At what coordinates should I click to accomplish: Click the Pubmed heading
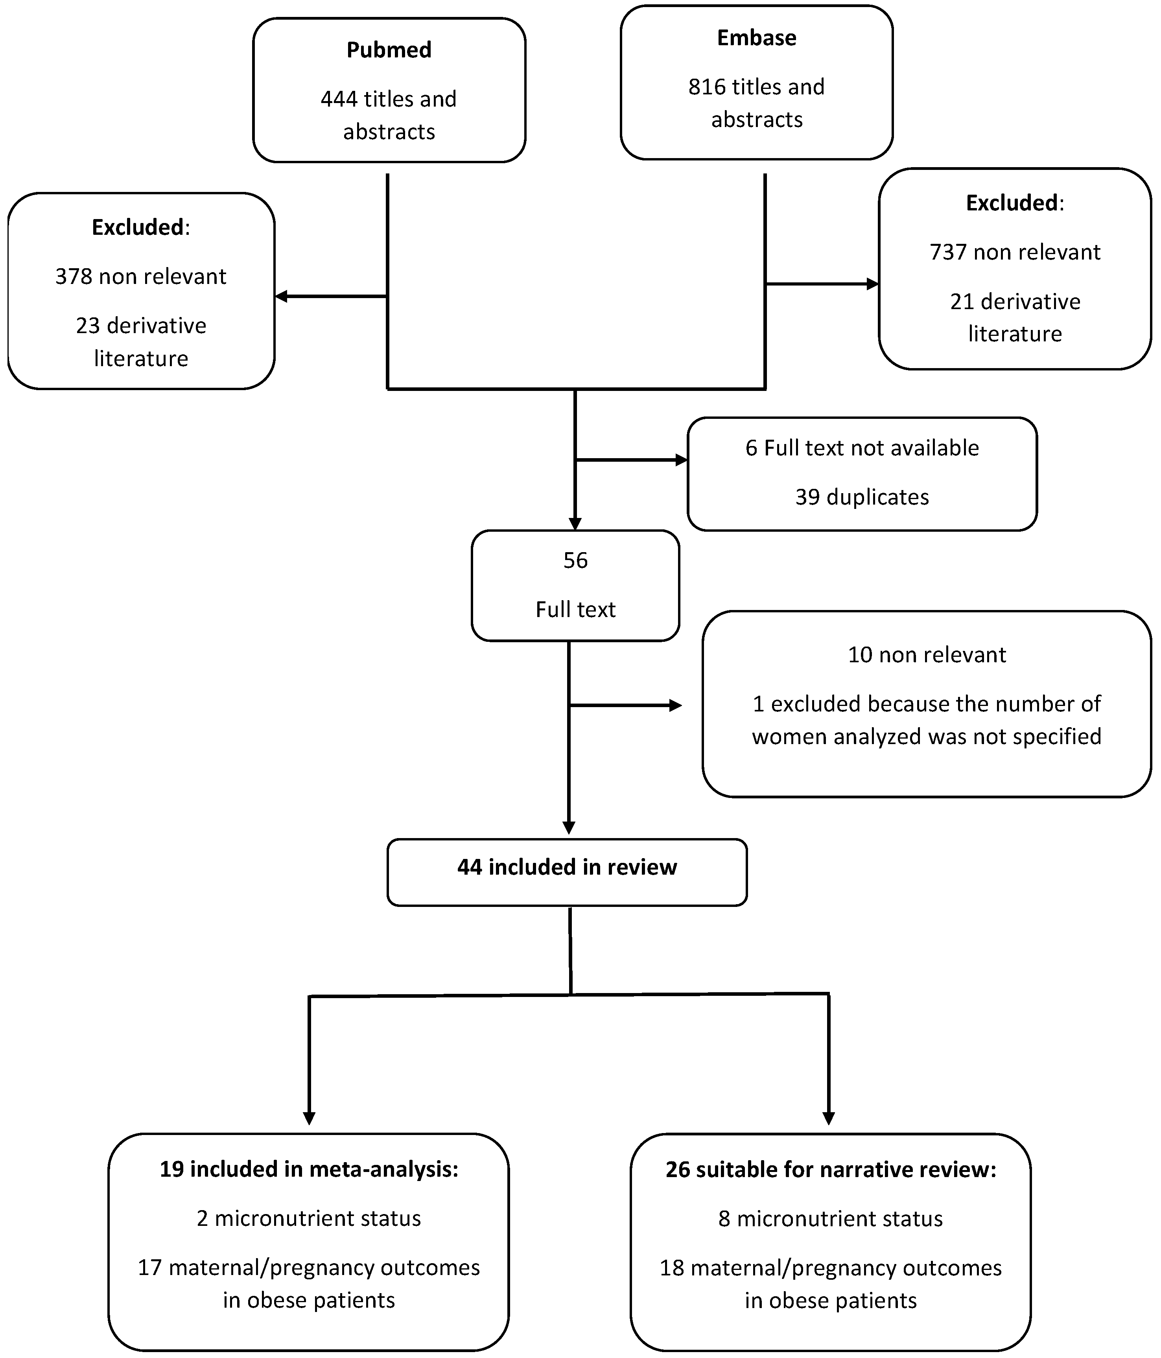389,50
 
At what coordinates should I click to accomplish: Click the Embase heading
757,38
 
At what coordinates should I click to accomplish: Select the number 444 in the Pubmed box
339,99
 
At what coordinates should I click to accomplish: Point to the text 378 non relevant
140,276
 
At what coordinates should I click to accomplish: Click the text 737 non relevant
1015,252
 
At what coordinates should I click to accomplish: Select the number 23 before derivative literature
88,326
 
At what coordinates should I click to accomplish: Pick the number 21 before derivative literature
962,302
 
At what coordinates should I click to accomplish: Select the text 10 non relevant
926,655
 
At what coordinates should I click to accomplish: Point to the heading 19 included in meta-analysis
309,1169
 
